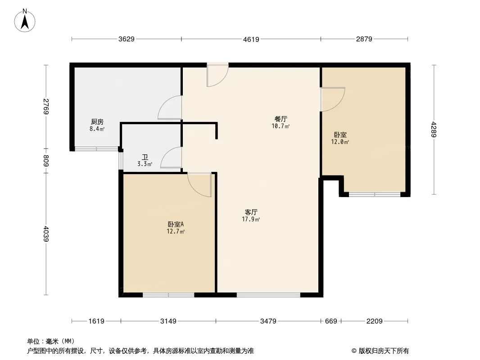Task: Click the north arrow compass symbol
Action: (x=25, y=21)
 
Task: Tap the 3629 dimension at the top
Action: (x=127, y=39)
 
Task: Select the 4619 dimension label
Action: (x=251, y=40)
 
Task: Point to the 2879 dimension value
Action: (x=364, y=39)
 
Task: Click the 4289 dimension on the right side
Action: (x=434, y=130)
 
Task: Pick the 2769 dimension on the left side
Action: (x=46, y=107)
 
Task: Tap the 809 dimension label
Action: (x=46, y=161)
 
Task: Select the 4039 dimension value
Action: (x=46, y=234)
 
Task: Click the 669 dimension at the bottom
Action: (x=331, y=321)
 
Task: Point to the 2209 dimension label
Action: (x=374, y=321)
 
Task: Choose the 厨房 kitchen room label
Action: (x=97, y=122)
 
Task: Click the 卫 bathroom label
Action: (x=145, y=157)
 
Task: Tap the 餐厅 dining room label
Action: (x=281, y=119)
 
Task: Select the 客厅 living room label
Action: (x=251, y=212)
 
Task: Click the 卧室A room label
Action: (x=176, y=224)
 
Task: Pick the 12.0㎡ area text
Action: (x=340, y=142)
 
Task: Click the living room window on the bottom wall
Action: (x=268, y=295)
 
